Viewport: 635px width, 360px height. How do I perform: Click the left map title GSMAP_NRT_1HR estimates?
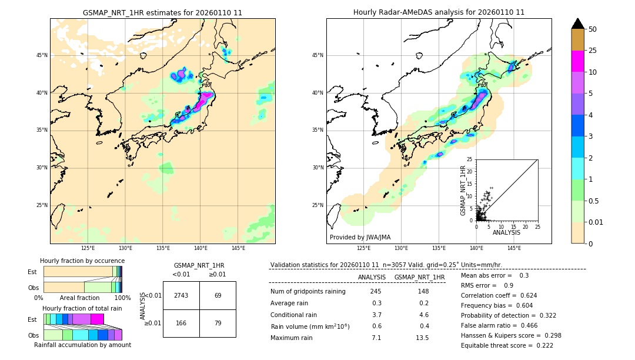(162, 12)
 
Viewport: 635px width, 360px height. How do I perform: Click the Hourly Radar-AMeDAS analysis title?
(439, 12)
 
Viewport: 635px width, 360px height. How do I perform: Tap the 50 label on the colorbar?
(593, 29)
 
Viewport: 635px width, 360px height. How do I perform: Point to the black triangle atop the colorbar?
(578, 24)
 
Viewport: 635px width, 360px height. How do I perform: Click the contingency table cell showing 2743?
(181, 295)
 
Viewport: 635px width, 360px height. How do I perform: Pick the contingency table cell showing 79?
(218, 323)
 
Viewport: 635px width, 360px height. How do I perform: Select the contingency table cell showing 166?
(181, 323)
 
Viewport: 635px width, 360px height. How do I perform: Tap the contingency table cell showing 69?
(218, 295)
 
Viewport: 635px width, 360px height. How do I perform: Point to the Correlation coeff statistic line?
(499, 295)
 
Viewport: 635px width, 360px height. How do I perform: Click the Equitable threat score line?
(507, 345)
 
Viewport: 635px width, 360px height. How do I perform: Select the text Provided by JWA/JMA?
(360, 238)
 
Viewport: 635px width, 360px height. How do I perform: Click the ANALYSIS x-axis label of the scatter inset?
(506, 233)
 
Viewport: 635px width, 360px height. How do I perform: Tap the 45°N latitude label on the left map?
(42, 55)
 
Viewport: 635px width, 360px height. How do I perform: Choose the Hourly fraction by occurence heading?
(82, 261)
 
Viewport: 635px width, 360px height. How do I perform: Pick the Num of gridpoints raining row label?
(308, 292)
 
